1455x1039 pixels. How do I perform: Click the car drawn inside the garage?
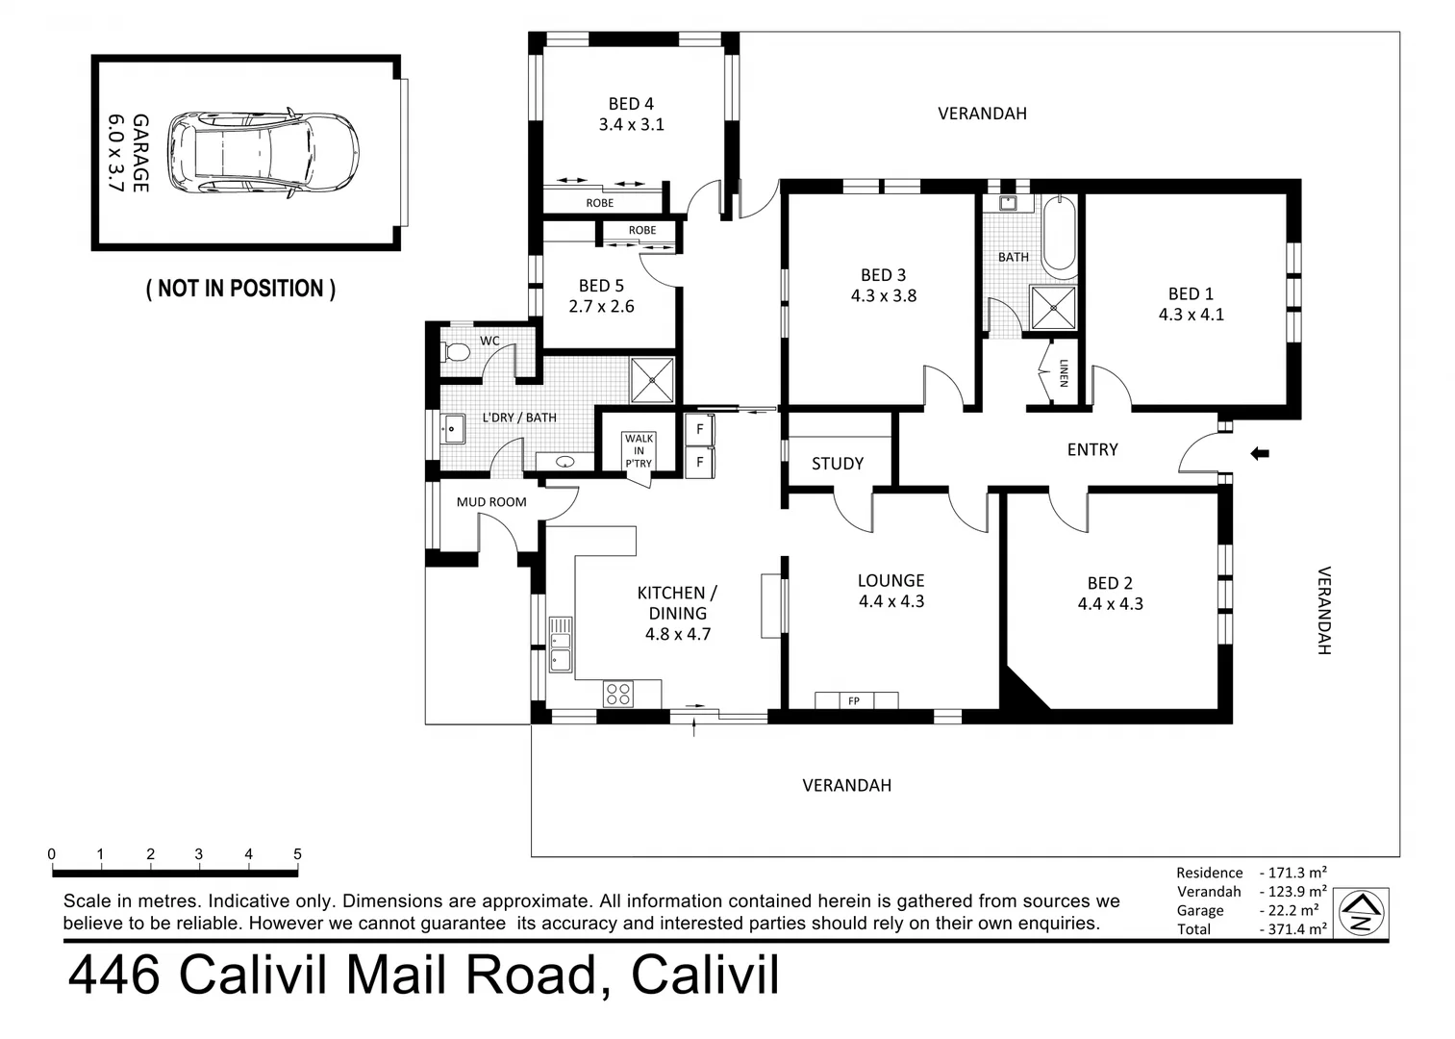point(263,155)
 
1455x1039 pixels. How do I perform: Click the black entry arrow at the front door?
point(1260,453)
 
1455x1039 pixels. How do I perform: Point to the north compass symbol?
point(1361,913)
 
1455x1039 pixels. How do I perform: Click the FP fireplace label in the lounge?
point(854,700)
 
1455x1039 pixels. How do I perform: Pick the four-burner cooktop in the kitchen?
point(617,694)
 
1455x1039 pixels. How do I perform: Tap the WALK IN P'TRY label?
point(639,450)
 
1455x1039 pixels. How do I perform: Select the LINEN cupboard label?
point(1064,373)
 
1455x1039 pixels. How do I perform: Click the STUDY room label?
point(838,464)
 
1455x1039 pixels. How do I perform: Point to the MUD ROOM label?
point(491,501)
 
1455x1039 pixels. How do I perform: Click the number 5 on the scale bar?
point(297,854)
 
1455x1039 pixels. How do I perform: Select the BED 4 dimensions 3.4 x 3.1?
point(632,124)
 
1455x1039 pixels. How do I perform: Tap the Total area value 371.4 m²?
point(1292,928)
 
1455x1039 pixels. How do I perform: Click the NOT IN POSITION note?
point(240,288)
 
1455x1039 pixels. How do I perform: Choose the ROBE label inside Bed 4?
point(599,203)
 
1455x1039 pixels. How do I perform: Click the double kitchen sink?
point(560,645)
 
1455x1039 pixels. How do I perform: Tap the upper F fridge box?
point(699,429)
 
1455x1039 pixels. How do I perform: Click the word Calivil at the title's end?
point(705,975)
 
